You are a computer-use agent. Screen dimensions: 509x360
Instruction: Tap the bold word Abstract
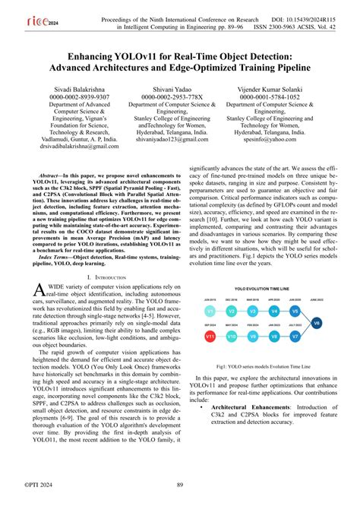(46, 175)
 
